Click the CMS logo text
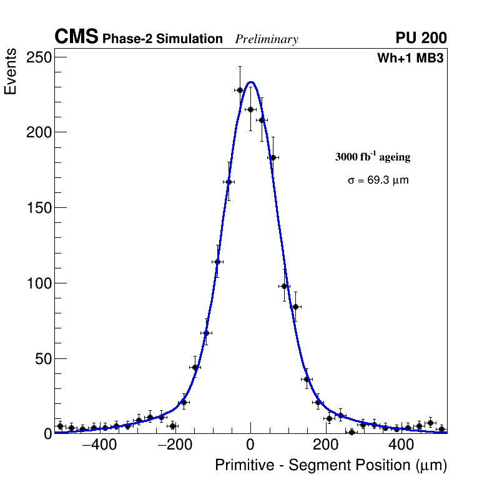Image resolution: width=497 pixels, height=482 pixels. [x=76, y=37]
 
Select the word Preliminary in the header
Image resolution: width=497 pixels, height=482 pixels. [x=267, y=39]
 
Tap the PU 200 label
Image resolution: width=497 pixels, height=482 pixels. [x=421, y=38]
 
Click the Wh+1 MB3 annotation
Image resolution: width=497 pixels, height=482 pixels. [x=410, y=59]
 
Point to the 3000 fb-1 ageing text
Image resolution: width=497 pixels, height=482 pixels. [x=373, y=157]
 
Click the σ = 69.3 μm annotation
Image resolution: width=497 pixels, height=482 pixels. [x=378, y=180]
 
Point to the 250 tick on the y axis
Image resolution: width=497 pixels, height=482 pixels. [x=39, y=57]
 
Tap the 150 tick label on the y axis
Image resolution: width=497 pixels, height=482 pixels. [x=39, y=208]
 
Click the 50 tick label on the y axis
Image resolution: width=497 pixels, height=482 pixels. [x=42, y=358]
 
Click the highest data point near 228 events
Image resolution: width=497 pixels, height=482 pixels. [x=240, y=90]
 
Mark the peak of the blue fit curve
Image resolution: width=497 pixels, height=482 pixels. [x=251, y=82]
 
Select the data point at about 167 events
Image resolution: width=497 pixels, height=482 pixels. [x=229, y=182]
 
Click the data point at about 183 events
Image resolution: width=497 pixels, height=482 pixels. [x=273, y=157]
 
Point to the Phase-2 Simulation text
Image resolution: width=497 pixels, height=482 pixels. [x=162, y=39]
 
